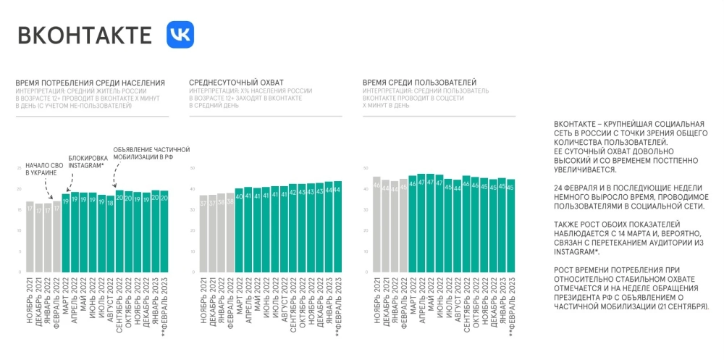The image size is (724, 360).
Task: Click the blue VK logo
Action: pyautogui.click(x=180, y=35)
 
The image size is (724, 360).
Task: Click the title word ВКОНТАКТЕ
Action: pyautogui.click(x=85, y=35)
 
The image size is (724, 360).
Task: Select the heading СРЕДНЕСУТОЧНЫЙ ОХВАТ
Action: pyautogui.click(x=236, y=83)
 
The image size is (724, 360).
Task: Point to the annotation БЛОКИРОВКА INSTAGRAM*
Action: pyautogui.click(x=85, y=162)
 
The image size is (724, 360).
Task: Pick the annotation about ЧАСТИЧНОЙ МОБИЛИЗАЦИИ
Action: pyautogui.click(x=151, y=154)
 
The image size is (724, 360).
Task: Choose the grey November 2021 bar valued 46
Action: pyautogui.click(x=376, y=225)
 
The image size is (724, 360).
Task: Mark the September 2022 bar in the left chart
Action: pyautogui.click(x=119, y=232)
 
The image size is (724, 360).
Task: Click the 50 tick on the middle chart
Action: pyautogui.click(x=193, y=169)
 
